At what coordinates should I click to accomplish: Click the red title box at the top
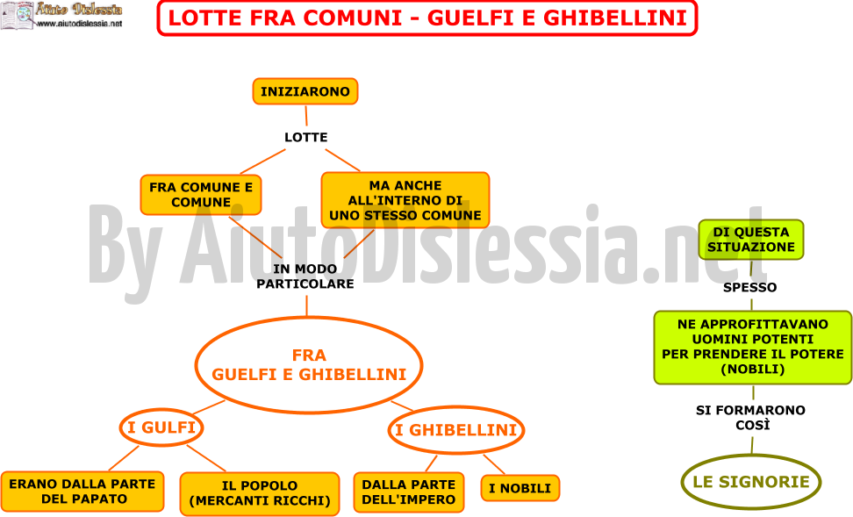click(x=427, y=18)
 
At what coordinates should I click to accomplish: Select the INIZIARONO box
click(x=305, y=91)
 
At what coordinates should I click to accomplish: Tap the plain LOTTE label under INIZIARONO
click(x=305, y=137)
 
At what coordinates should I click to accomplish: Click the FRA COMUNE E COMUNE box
click(x=201, y=195)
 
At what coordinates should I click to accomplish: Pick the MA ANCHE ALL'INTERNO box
click(x=405, y=200)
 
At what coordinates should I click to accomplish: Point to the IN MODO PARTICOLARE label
click(x=305, y=276)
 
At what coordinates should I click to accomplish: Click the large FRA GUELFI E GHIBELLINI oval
click(x=309, y=365)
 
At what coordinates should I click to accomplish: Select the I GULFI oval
click(x=161, y=427)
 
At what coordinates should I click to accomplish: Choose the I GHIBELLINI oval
click(x=455, y=430)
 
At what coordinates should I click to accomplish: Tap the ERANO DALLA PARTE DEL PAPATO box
click(x=82, y=492)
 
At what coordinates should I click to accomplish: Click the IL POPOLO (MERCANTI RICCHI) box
click(x=260, y=493)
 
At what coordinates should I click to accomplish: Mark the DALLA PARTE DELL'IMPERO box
click(x=409, y=492)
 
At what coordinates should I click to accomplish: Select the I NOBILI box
click(x=520, y=488)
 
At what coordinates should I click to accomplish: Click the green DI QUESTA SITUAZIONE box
click(x=750, y=240)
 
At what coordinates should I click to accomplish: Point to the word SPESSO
click(x=749, y=287)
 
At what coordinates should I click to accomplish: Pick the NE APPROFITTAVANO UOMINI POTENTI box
click(x=753, y=348)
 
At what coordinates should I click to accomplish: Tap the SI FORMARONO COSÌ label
click(x=750, y=418)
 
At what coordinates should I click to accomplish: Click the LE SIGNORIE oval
click(x=750, y=482)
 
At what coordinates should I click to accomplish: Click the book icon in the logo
click(x=17, y=15)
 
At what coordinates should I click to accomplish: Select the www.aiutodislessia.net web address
click(x=80, y=24)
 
